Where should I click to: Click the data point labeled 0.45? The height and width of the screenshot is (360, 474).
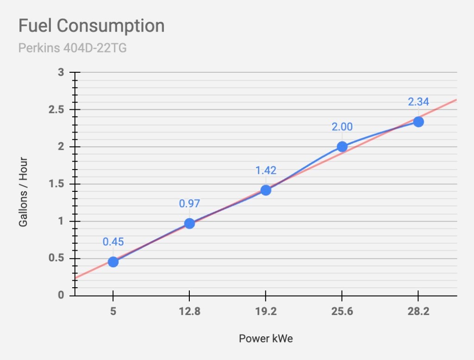[x=113, y=262]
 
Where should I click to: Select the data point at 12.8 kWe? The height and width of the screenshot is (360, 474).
[x=189, y=224]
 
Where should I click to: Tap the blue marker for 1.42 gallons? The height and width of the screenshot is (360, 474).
[x=266, y=190]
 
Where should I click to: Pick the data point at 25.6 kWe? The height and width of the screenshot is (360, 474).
[x=342, y=147]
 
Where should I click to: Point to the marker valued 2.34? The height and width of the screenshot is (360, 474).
[x=418, y=122]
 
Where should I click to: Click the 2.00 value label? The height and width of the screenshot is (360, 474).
[x=342, y=127]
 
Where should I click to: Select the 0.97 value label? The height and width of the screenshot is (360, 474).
[x=189, y=203]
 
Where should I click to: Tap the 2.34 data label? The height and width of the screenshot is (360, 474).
[x=418, y=101]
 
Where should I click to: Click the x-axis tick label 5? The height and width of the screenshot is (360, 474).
[x=113, y=311]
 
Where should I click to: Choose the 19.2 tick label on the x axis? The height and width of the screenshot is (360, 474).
[x=266, y=311]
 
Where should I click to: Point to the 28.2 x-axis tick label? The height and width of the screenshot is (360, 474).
[x=418, y=311]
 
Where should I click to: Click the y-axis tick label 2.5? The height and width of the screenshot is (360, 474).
[x=56, y=109]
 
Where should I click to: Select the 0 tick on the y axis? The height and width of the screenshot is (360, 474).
[x=61, y=295]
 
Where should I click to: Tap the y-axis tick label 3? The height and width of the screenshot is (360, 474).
[x=61, y=72]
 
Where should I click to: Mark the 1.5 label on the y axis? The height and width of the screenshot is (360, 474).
[x=56, y=184]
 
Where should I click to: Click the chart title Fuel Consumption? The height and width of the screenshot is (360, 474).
[x=92, y=26]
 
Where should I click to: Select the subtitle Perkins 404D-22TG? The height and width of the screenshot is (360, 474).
[x=73, y=48]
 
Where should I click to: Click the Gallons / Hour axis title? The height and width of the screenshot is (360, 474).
[x=23, y=192]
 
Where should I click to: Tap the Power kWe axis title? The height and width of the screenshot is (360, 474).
[x=266, y=339]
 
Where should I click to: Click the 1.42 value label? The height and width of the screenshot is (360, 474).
[x=266, y=171]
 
